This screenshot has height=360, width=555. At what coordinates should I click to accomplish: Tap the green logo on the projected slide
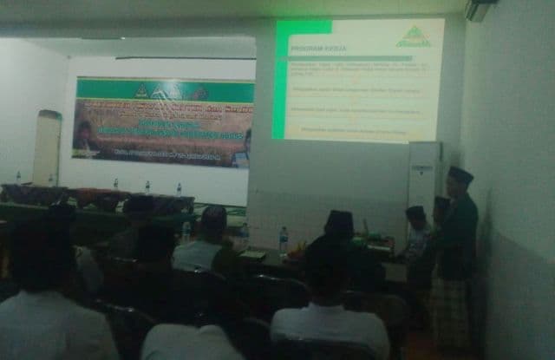(414, 36)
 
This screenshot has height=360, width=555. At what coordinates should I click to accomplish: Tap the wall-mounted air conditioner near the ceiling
(480, 10)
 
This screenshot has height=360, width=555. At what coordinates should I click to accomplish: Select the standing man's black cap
(460, 174)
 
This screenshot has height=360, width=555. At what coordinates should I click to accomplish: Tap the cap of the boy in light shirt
(416, 212)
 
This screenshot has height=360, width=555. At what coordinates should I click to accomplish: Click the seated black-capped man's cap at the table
(339, 220)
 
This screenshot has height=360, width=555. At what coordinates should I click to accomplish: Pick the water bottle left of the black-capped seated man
(284, 239)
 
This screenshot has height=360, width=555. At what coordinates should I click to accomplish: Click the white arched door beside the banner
(47, 147)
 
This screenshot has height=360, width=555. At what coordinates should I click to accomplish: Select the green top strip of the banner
(165, 89)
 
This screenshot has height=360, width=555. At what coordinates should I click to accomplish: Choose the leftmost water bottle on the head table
(18, 178)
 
